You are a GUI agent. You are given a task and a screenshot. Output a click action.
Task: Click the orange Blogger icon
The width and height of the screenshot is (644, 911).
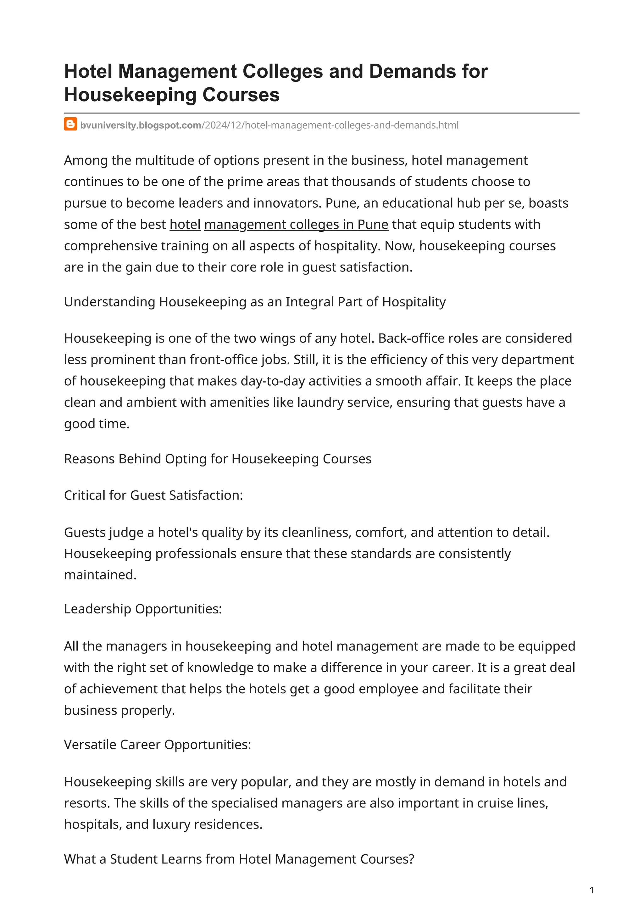pyautogui.click(x=70, y=125)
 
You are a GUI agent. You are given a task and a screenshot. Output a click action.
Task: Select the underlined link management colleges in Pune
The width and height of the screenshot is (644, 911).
pyautogui.click(x=296, y=225)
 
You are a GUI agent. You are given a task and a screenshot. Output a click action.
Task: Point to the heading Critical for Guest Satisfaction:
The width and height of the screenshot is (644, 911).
pyautogui.click(x=153, y=495)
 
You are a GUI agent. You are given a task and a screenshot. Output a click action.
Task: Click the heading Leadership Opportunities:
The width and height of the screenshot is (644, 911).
pyautogui.click(x=143, y=609)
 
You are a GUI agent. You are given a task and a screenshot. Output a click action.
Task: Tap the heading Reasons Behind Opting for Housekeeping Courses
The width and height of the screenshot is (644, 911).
pyautogui.click(x=217, y=459)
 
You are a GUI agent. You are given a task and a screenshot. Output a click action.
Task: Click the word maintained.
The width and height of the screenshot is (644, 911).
pyautogui.click(x=100, y=575)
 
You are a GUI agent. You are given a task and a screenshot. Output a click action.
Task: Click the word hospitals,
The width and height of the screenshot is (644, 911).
pyautogui.click(x=93, y=824)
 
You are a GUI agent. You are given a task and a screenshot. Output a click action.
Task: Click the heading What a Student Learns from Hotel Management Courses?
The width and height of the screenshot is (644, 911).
pyautogui.click(x=239, y=859)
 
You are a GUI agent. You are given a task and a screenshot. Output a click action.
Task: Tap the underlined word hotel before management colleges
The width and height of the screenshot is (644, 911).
pyautogui.click(x=185, y=225)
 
